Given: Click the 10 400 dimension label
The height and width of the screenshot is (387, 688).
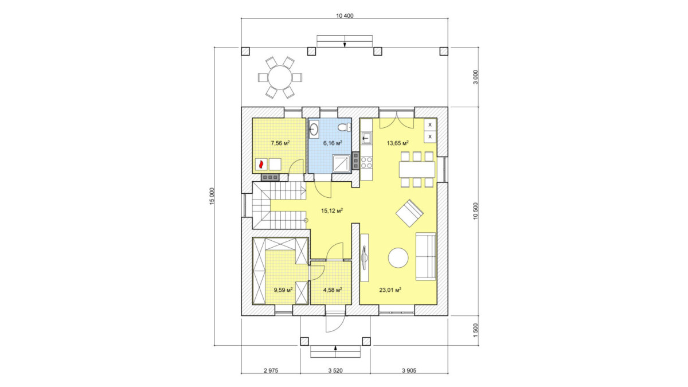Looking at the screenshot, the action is click(345, 15).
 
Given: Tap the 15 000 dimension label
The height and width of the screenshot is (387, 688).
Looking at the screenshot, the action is click(212, 196).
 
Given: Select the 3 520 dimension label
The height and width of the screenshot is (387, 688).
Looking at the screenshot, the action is click(335, 371).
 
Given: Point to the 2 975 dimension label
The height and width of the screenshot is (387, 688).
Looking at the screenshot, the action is click(271, 371).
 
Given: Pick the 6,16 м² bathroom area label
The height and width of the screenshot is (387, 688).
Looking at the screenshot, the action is click(333, 143).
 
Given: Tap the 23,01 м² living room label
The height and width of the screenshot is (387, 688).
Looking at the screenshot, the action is click(390, 290).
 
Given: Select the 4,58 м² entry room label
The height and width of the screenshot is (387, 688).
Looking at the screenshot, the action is click(333, 290).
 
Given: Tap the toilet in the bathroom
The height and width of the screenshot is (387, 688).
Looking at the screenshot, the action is click(345, 127).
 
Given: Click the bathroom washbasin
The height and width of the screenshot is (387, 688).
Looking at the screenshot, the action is click(314, 128).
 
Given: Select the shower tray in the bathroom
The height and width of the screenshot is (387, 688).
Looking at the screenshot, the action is click(341, 162).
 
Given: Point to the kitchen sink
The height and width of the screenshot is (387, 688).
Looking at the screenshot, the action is click(366, 138).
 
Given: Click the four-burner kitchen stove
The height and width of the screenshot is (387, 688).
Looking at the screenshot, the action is click(366, 162).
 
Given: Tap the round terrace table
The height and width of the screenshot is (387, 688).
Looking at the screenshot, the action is click(280, 77).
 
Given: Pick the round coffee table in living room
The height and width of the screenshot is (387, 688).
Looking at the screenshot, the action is click(398, 257).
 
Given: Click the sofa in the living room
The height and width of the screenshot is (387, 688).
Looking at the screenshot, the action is click(425, 256).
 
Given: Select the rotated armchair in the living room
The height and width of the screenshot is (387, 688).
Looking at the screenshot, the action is click(409, 213).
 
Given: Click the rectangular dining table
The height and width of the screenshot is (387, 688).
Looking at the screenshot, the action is click(417, 169).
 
